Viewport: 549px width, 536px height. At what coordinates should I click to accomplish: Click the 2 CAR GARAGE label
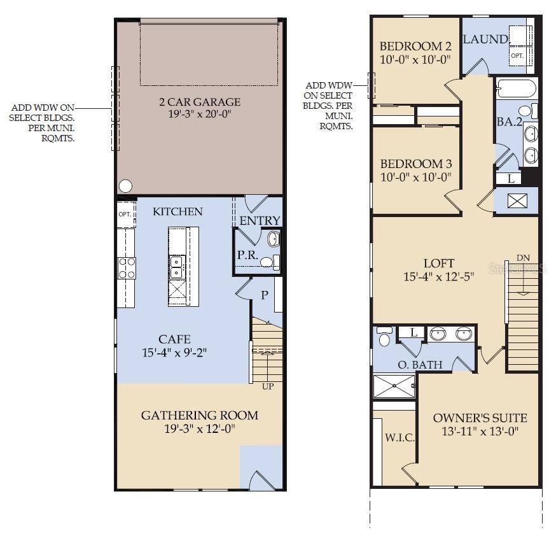coord(200,102)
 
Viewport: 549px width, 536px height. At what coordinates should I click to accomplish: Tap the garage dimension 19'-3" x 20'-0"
coord(200,115)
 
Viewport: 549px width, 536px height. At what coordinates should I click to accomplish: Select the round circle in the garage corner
coord(126,186)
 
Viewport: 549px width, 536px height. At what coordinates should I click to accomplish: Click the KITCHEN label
coord(177,211)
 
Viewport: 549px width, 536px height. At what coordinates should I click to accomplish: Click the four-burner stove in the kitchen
coord(127,267)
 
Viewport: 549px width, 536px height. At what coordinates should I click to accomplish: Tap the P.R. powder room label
coord(246,254)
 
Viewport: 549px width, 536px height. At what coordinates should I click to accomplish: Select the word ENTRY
coord(260,220)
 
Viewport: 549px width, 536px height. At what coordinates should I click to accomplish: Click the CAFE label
coord(175,339)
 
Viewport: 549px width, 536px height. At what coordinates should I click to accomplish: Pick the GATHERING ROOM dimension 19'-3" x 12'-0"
coord(200,429)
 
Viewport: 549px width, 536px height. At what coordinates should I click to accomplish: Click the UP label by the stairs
coord(268,386)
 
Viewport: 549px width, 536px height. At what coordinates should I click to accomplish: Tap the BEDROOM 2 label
coord(415,46)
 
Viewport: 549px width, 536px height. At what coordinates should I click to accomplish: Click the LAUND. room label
coord(485,39)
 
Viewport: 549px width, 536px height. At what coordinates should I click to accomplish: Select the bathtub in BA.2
coord(517,88)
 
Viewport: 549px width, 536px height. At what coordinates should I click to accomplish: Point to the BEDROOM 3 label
coord(415,164)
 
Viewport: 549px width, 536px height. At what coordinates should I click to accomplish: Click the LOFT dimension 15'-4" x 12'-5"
coord(439,277)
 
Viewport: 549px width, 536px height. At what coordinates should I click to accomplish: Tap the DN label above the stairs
coord(523,258)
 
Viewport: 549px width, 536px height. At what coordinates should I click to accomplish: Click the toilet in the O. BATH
coord(384,337)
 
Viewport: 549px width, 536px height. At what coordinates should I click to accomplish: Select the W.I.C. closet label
coord(400,438)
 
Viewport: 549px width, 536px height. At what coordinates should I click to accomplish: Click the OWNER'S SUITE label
coord(480,418)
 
